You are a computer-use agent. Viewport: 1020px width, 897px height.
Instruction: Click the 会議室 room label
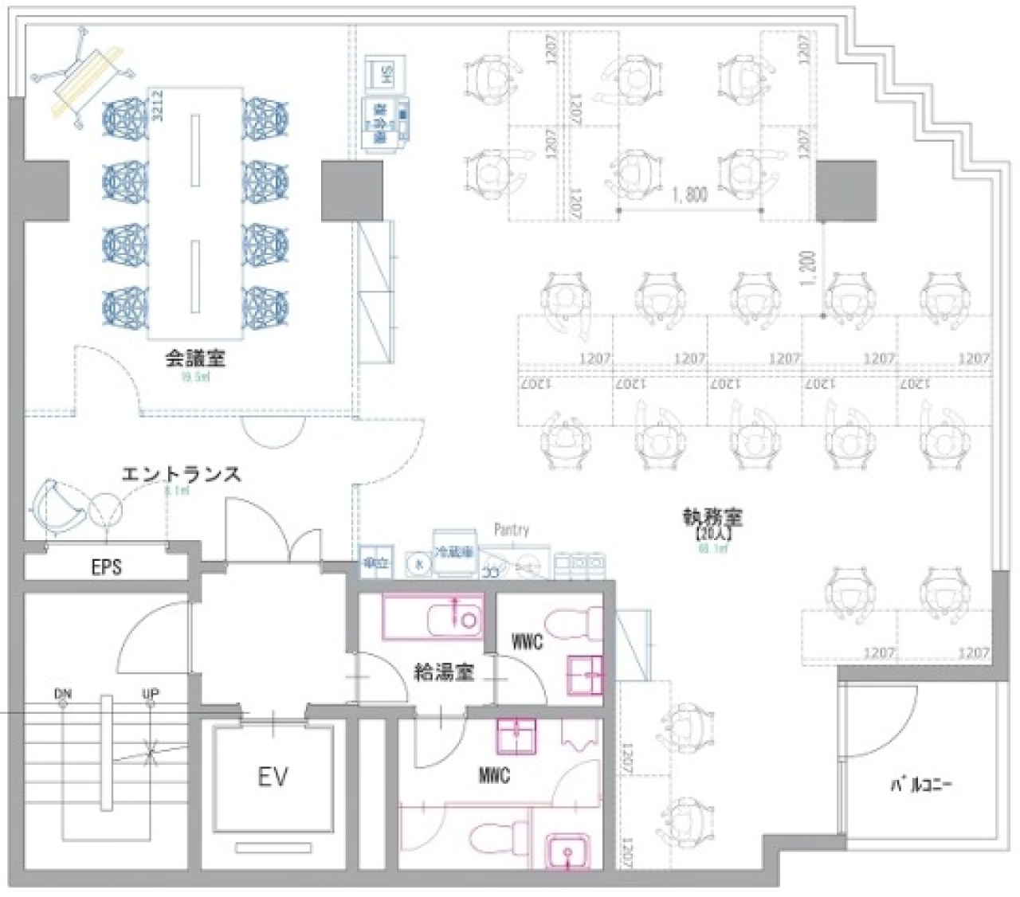tap(194, 358)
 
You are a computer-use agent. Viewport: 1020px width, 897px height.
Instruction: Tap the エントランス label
tap(181, 474)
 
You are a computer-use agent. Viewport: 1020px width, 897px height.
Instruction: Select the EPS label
tap(106, 567)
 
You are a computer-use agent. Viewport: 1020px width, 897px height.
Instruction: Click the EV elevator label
tap(273, 777)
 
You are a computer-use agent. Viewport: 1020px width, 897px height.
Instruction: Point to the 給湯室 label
tap(444, 672)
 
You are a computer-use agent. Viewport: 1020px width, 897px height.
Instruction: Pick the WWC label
tap(527, 640)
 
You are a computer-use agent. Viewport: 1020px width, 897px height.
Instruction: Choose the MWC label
tap(494, 775)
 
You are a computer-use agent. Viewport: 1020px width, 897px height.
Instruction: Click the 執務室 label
tap(712, 518)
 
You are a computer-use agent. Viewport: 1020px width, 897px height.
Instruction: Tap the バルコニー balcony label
tap(921, 785)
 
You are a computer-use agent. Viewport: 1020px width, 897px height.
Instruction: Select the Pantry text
tap(511, 530)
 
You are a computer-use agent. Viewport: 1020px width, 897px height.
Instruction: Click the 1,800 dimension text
tap(688, 194)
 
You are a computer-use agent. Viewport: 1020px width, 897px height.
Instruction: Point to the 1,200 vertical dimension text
tap(809, 270)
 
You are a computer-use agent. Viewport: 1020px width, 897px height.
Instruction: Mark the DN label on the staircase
tap(62, 694)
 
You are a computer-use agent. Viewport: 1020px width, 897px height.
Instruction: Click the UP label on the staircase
tap(150, 694)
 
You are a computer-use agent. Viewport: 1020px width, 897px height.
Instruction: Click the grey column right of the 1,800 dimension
tap(845, 190)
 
